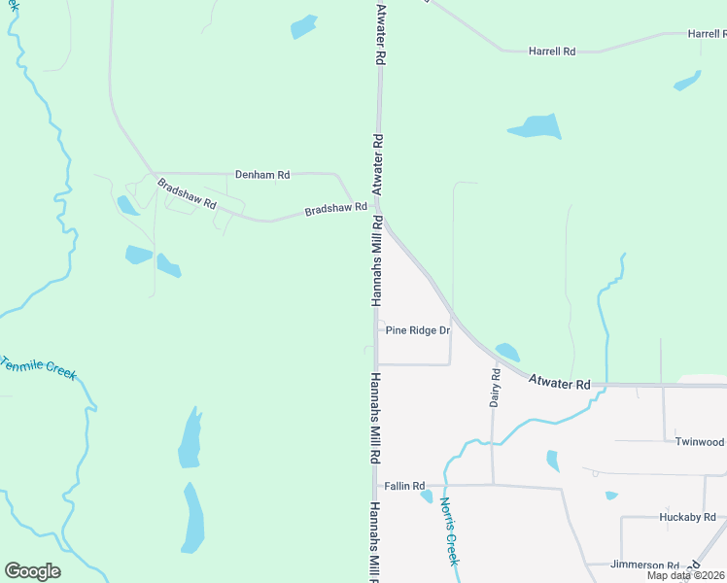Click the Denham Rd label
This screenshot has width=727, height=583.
click(262, 175)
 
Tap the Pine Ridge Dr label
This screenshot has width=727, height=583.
click(418, 330)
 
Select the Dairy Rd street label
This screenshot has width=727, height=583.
click(496, 387)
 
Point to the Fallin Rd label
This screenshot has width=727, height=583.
click(404, 486)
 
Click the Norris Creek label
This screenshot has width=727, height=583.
click(448, 532)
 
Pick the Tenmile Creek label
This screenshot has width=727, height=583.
click(39, 368)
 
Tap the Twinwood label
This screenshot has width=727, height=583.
click(700, 441)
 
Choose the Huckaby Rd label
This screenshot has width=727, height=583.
click(686, 517)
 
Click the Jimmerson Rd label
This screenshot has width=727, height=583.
click(645, 565)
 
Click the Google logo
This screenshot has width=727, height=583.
click(32, 571)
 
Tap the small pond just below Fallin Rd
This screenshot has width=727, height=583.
click(427, 497)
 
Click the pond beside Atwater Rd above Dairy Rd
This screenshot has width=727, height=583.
click(506, 351)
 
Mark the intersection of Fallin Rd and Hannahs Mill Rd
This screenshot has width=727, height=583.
click(375, 485)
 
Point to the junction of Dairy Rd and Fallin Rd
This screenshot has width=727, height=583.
click(493, 484)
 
